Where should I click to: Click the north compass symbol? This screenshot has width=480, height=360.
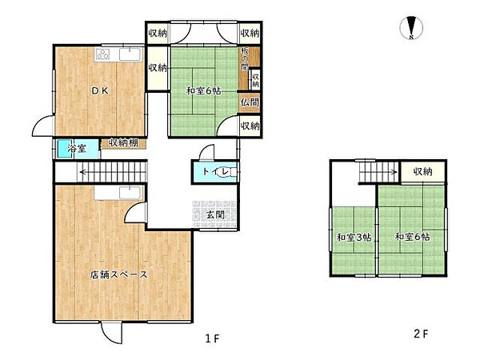point(412,28)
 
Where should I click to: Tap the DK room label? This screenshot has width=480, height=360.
point(101,90)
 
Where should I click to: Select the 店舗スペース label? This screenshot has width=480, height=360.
point(118,274)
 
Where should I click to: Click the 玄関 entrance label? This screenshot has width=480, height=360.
point(215,214)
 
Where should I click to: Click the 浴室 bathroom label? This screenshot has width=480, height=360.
point(77,149)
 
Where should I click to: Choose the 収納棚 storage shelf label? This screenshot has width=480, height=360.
point(123,142)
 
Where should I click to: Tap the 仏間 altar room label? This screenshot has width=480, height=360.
point(250,102)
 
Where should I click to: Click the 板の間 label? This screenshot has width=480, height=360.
point(245,59)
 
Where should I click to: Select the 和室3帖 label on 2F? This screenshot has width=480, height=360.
point(354,238)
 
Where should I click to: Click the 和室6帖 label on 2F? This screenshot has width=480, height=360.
point(412,237)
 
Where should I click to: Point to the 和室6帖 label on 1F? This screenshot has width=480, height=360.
point(204,91)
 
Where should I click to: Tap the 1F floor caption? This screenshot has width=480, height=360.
point(213,338)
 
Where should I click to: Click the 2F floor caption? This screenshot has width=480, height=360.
point(421,334)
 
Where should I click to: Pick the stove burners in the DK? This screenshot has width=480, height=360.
point(103,54)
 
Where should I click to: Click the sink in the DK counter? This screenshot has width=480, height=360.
point(130,54)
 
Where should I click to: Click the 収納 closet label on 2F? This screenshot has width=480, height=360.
point(422,171)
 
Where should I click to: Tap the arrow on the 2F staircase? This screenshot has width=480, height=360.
point(378,172)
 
